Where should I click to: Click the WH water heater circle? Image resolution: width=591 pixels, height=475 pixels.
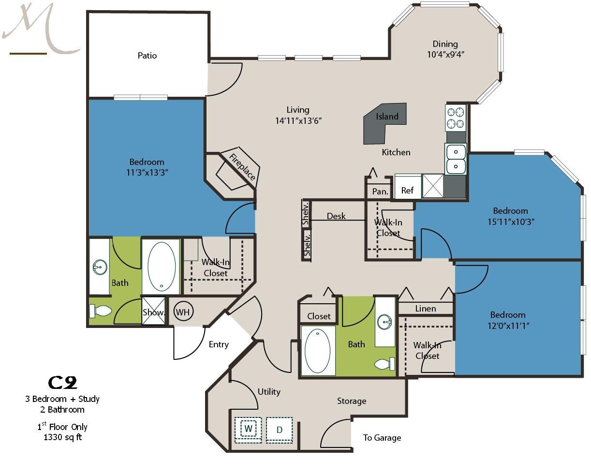click(x=183, y=312)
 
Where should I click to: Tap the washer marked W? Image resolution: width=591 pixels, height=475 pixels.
click(x=248, y=430)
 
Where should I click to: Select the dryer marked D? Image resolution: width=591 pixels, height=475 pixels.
click(x=279, y=430)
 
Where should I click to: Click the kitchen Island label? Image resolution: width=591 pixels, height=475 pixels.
click(x=387, y=117)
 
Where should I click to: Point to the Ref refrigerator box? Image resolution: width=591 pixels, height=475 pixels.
click(x=408, y=187)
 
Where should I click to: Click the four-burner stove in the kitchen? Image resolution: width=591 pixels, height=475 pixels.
click(x=456, y=118)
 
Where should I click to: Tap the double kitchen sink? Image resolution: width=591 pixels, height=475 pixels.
click(x=456, y=159)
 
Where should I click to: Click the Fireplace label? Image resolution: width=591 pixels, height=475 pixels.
click(x=242, y=167)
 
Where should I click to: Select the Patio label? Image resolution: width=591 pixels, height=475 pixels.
click(x=147, y=56)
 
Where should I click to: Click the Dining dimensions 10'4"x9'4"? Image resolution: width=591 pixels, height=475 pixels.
click(x=445, y=54)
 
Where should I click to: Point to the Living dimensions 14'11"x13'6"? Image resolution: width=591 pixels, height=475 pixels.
click(x=298, y=120)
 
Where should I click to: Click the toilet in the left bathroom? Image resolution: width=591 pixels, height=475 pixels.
click(x=101, y=311)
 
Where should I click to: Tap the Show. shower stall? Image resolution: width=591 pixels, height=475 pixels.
click(x=153, y=311)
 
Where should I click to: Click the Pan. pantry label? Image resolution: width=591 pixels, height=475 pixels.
click(x=380, y=191)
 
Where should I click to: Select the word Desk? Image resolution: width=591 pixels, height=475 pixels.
click(x=336, y=216)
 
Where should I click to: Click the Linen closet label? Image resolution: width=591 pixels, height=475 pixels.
click(x=426, y=309)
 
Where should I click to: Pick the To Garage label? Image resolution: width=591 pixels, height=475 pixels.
click(x=382, y=438)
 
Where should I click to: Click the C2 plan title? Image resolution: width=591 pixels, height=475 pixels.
click(x=62, y=383)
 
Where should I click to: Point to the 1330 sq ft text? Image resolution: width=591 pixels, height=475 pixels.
click(x=62, y=437)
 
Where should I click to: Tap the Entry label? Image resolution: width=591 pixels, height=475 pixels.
click(x=219, y=344)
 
